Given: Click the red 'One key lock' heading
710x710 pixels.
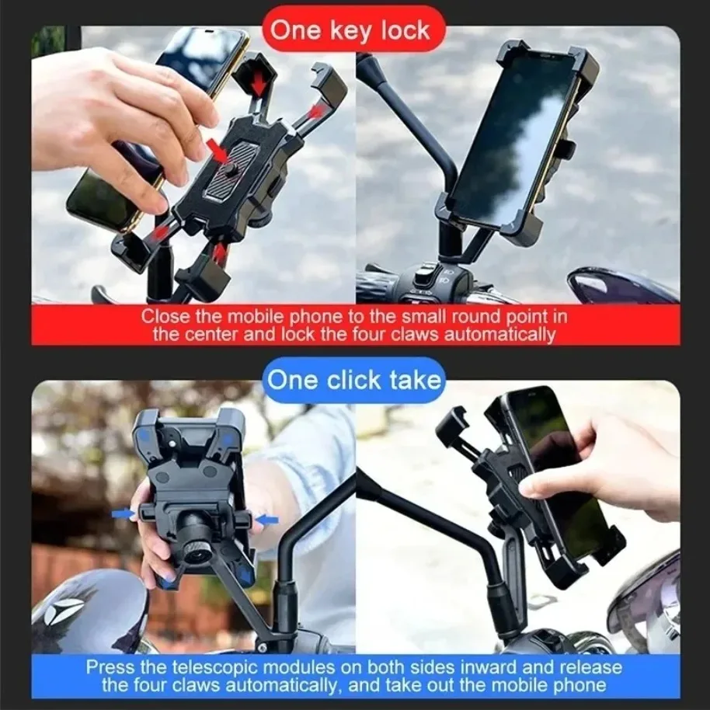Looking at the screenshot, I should click(354, 30).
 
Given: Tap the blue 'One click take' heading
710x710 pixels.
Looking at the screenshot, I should click(354, 381).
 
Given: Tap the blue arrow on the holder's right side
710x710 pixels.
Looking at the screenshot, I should click(266, 517).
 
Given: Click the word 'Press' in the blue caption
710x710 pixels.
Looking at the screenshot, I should click(106, 666).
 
